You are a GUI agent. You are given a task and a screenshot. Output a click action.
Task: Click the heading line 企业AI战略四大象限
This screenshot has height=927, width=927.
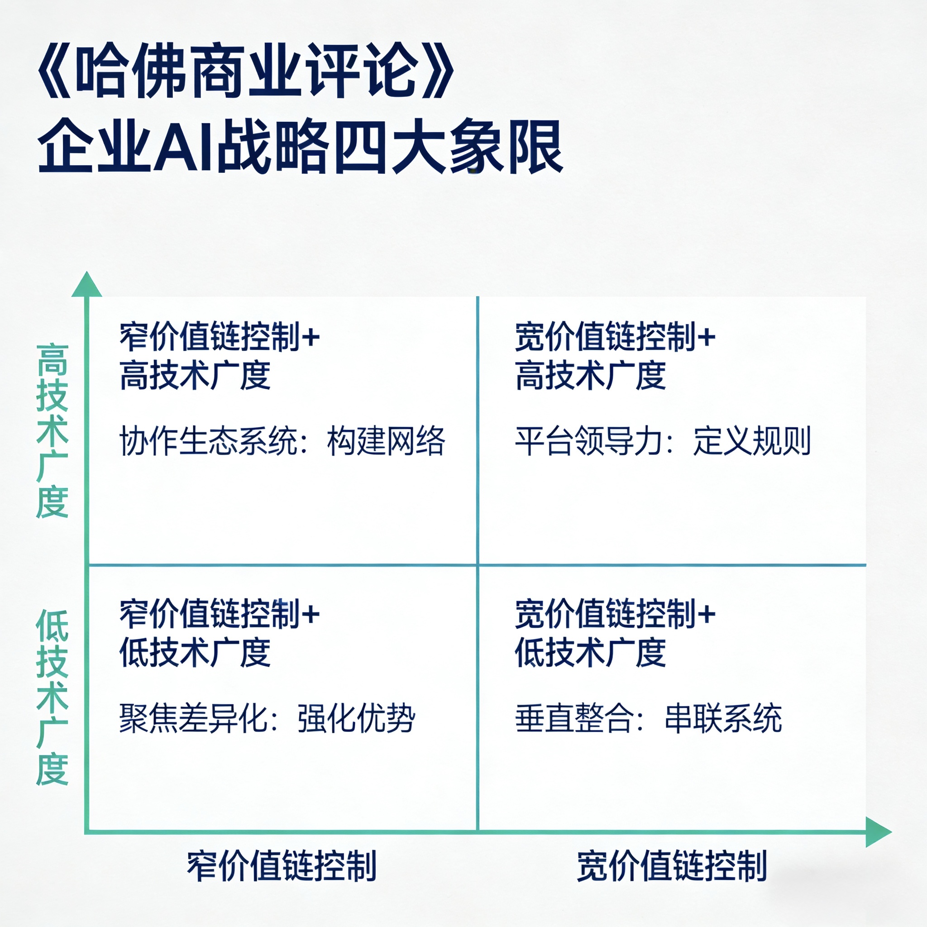point(300,146)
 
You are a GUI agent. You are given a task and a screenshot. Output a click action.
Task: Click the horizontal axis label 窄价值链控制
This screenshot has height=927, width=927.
point(282,866)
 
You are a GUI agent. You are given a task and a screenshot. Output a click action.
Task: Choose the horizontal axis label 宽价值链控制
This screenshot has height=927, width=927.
point(672,866)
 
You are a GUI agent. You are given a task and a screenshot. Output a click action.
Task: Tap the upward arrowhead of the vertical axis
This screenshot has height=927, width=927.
point(86,285)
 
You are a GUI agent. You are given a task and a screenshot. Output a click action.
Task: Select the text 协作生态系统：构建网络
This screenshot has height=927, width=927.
point(282,440)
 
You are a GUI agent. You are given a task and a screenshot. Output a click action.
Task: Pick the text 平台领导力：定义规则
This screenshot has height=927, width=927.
point(663,440)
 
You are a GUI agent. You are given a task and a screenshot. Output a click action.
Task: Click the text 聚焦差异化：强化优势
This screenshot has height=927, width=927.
point(267,718)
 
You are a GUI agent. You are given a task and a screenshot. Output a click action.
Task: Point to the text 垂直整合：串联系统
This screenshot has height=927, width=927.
point(648,718)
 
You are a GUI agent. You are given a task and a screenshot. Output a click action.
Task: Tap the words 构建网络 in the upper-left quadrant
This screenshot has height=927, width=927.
point(386,440)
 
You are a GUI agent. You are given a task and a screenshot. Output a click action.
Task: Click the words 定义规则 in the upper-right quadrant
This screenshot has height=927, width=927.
point(752,440)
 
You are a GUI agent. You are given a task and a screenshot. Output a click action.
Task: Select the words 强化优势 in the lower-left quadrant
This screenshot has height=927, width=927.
point(356,718)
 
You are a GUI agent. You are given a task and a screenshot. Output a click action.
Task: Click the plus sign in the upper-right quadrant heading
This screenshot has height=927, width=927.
point(706,337)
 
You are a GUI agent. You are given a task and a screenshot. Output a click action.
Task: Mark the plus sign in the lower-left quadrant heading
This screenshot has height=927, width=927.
point(310,614)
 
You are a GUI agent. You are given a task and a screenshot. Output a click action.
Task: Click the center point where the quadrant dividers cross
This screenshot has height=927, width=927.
point(478,565)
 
